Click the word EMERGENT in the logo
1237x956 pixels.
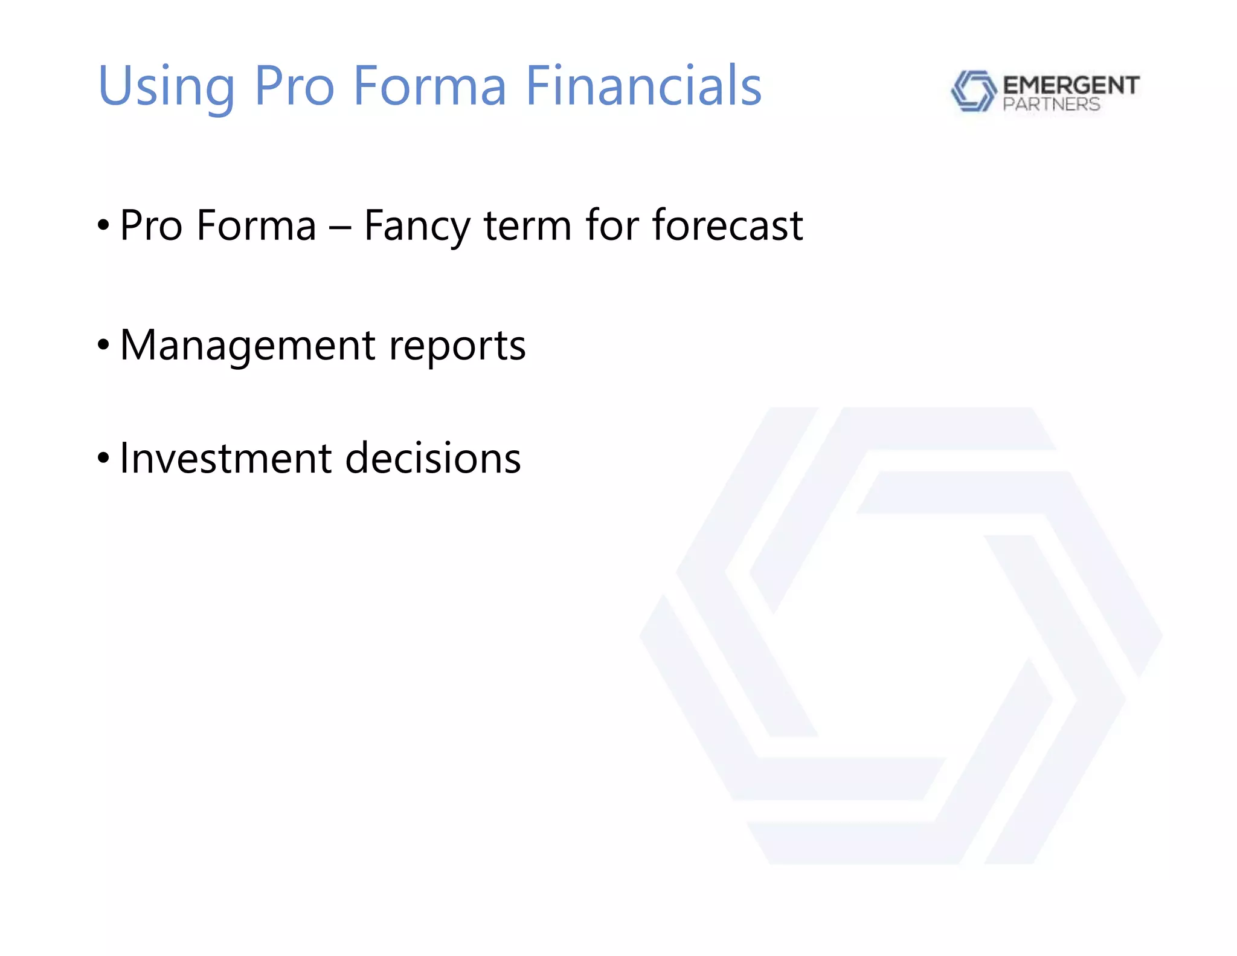[x=1071, y=85]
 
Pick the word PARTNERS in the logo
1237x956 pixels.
[x=1051, y=105]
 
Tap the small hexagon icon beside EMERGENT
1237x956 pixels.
[x=973, y=91]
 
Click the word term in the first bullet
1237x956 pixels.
[x=527, y=225]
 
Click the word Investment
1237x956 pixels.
[x=226, y=458]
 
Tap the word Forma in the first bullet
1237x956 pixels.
[x=256, y=225]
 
